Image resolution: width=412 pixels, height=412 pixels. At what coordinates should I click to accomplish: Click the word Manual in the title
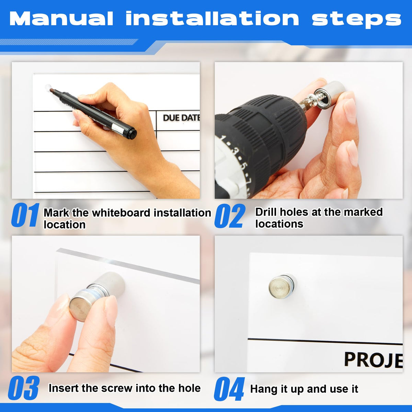[x=61, y=19]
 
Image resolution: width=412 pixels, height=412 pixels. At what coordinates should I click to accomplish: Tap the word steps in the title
[x=356, y=20]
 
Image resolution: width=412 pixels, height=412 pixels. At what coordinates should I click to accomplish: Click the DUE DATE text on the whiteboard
[x=181, y=118]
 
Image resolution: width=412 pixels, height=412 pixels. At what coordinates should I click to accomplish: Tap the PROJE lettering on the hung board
[x=373, y=360]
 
